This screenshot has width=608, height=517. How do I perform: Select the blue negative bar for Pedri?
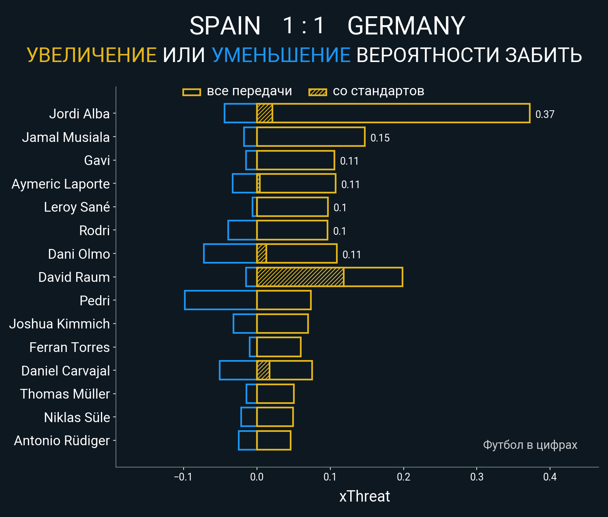pos(221,300)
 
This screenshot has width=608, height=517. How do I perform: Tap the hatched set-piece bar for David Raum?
pos(300,277)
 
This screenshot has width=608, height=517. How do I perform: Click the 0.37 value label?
pos(545,114)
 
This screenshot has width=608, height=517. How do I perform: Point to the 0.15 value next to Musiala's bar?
pos(380,138)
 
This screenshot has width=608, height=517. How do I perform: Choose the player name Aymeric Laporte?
pos(61,184)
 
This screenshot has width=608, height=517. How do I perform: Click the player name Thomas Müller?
pos(65,394)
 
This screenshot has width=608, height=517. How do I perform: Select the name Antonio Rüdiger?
pos(62,441)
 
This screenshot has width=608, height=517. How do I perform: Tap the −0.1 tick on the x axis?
pos(183,477)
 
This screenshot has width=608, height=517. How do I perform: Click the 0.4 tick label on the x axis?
pos(550,477)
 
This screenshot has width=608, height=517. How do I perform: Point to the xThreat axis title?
pos(364,496)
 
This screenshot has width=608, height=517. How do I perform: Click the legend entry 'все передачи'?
pos(249,91)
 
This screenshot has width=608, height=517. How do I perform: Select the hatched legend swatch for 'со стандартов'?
pos(317,92)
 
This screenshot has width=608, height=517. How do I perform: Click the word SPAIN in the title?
pos(225,26)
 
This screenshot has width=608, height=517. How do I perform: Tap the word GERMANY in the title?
pos(406,26)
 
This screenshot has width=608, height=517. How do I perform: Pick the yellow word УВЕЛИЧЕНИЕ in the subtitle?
pos(92,55)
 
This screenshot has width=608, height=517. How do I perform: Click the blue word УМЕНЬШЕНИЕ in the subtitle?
pos(281,55)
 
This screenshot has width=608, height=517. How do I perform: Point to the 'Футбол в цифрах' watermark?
pos(530,445)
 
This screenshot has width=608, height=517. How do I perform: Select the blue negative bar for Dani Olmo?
pos(230,253)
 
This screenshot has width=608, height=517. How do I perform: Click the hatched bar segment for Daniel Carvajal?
pos(263,370)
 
